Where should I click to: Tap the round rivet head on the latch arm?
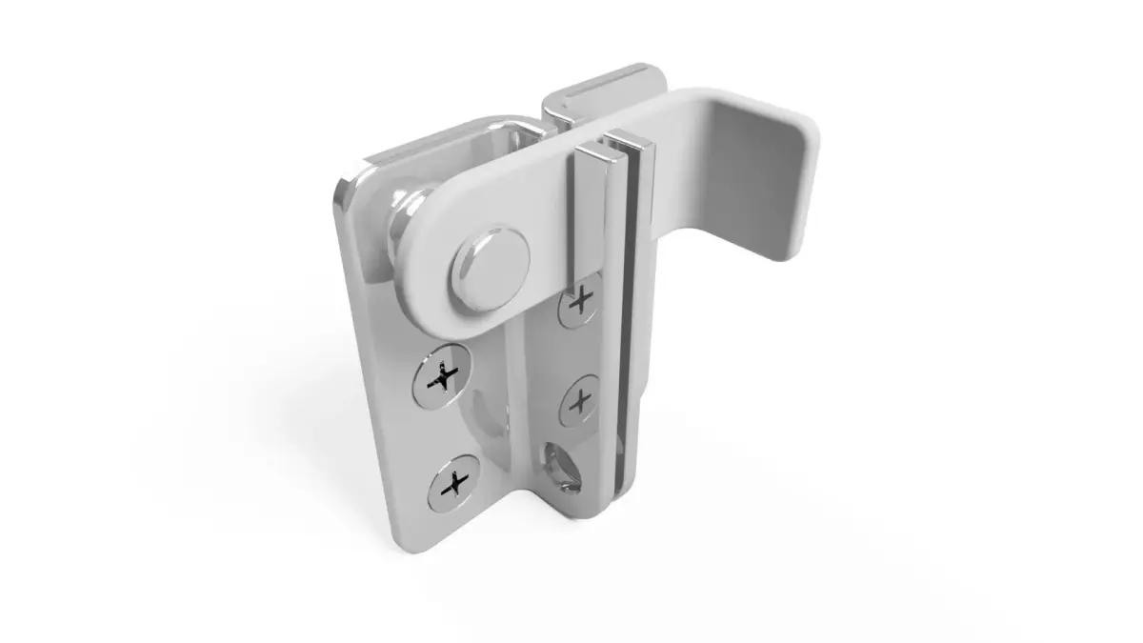[x=491, y=260]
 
